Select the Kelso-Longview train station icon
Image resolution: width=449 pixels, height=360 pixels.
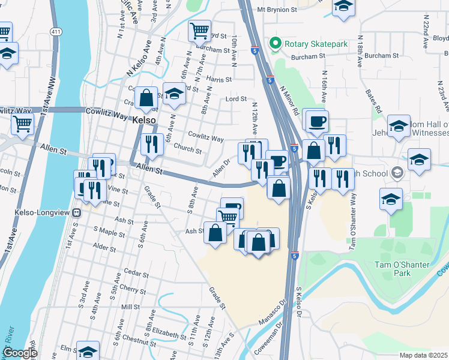[x=76, y=212]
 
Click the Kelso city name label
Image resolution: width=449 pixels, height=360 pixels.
[x=144, y=120]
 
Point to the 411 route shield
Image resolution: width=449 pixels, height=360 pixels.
[x=56, y=32]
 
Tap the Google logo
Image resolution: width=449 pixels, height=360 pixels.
[x=20, y=353]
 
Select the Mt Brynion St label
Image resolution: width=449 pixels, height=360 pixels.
[x=277, y=10]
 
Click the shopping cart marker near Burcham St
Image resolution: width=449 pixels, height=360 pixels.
[x=199, y=29]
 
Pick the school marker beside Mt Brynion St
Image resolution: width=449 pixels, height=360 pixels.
[x=344, y=7]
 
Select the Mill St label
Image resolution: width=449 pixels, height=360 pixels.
[x=130, y=307]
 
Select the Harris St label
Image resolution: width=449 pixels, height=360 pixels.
[x=219, y=79]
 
